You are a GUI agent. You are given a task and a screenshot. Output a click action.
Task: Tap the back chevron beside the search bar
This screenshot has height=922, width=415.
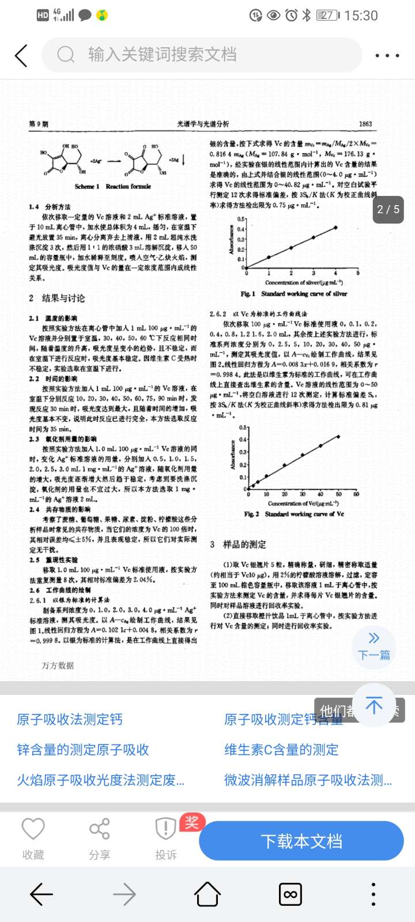click(x=21, y=56)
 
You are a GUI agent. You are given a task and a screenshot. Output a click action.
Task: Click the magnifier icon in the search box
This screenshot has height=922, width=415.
click(x=66, y=55)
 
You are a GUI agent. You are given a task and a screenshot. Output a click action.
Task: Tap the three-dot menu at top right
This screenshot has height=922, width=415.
click(x=387, y=56)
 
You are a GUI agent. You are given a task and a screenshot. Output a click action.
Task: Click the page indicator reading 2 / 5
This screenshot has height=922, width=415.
click(x=388, y=209)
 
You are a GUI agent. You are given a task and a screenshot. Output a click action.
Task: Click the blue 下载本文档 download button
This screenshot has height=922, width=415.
click(x=301, y=841)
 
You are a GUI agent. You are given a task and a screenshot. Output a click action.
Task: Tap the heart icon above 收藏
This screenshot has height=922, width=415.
click(x=33, y=829)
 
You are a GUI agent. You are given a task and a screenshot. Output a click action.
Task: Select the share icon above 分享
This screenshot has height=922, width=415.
click(x=99, y=829)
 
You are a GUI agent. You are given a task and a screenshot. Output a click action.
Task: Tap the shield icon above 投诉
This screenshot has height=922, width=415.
click(x=165, y=829)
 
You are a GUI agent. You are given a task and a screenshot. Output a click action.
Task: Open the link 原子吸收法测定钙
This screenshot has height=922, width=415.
click(x=70, y=719)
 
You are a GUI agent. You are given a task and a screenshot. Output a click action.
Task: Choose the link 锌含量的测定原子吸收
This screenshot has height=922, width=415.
click(x=83, y=750)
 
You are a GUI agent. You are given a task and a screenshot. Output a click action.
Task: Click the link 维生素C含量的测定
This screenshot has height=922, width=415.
click(x=281, y=750)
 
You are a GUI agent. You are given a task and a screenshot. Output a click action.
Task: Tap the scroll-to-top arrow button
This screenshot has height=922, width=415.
click(x=374, y=705)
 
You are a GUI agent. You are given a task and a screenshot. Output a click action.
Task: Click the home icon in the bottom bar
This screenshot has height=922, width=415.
click(x=207, y=894)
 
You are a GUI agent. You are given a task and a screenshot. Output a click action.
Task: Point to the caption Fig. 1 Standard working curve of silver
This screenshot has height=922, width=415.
click(x=293, y=294)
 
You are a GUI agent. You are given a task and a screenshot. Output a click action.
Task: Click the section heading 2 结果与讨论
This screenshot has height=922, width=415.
click(x=57, y=298)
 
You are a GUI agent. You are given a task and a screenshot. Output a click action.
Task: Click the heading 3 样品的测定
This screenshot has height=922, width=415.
click(x=238, y=545)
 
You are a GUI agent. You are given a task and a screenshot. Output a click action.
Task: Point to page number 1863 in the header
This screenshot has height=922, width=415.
click(x=365, y=124)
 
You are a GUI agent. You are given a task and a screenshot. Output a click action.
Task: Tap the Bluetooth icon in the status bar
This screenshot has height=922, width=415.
click(x=307, y=16)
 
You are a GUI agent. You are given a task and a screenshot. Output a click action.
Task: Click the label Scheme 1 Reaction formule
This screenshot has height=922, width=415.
click(x=112, y=187)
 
